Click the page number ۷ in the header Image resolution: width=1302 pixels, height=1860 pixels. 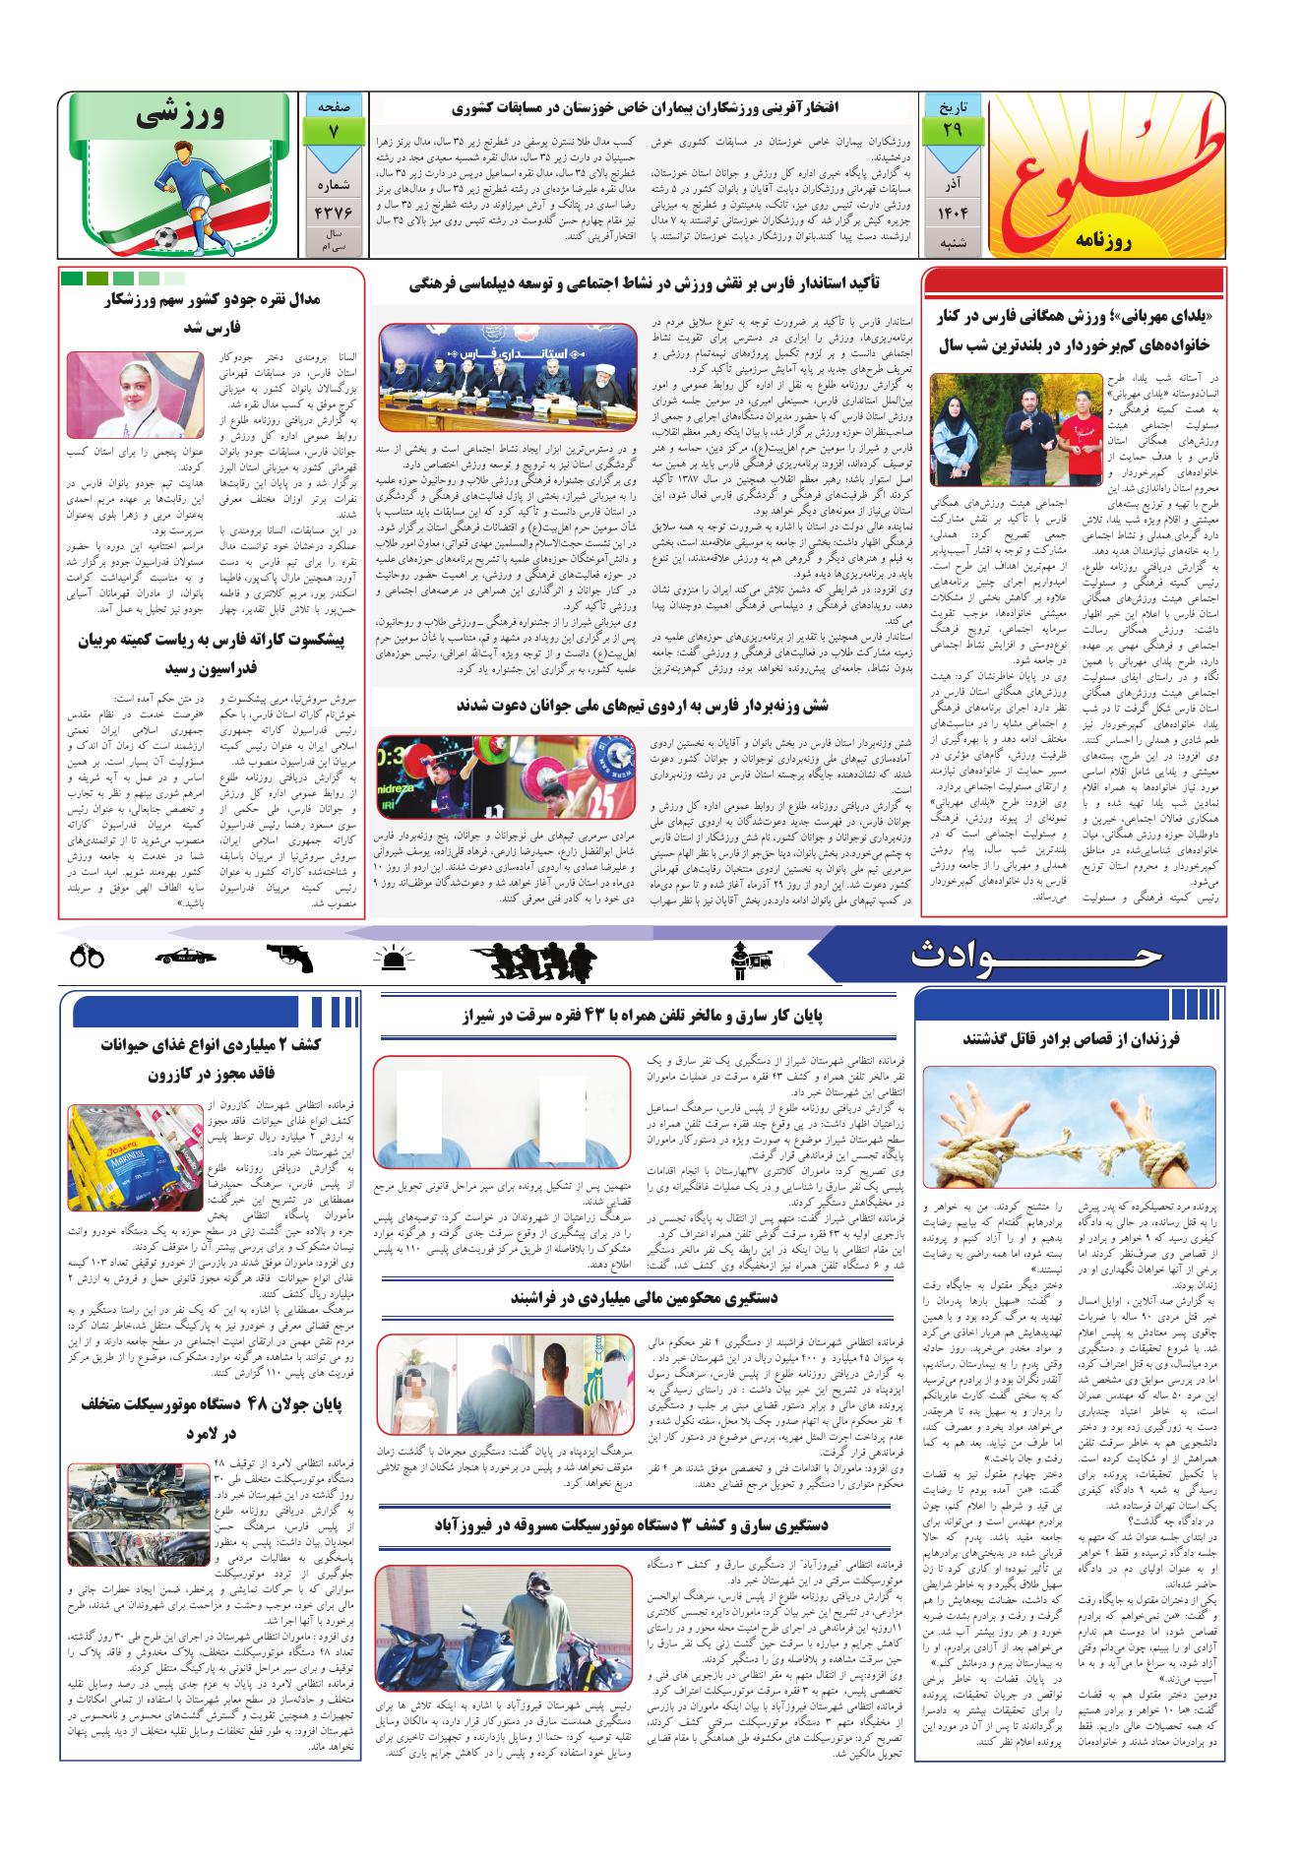[x=335, y=130]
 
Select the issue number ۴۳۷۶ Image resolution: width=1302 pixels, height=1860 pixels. [x=335, y=212]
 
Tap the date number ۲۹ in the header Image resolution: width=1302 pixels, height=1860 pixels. [x=952, y=130]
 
